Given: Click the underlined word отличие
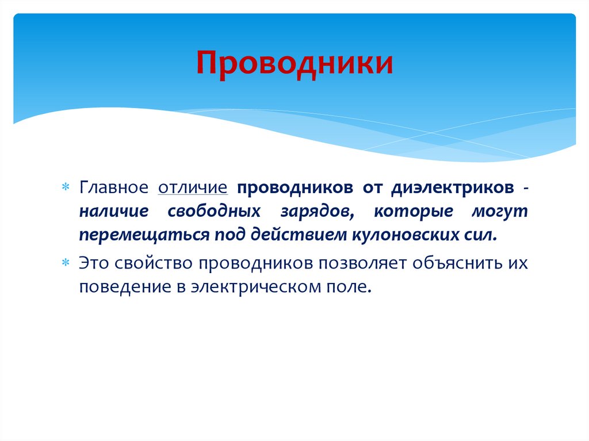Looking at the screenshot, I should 193,188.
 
